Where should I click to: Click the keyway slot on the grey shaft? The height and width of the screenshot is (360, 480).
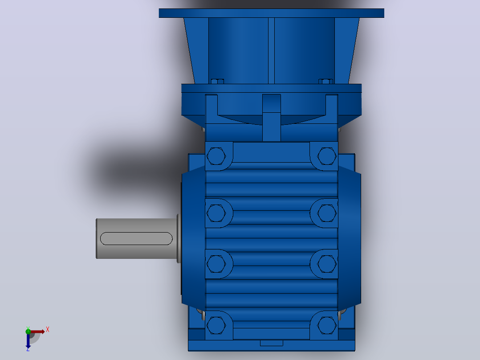[136, 238]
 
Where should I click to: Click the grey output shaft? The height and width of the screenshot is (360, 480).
[137, 238]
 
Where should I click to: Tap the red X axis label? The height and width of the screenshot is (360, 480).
[48, 330]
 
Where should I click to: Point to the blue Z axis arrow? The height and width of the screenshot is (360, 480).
[28, 341]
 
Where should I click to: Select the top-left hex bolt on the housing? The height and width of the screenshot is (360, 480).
[216, 156]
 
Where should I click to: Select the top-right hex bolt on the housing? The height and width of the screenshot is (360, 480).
[327, 156]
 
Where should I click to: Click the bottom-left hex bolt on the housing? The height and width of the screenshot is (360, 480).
[216, 325]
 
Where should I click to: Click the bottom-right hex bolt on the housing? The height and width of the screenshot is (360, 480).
[327, 325]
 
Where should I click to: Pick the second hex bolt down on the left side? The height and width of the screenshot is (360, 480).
[216, 213]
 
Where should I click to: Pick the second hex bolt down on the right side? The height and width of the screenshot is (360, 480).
[327, 213]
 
